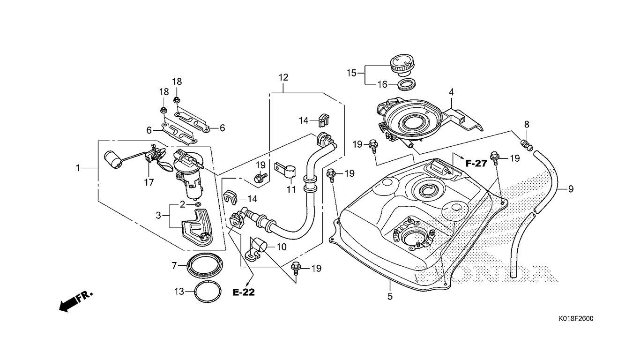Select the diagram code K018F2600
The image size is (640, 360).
(576, 319)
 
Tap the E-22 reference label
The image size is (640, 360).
(244, 292)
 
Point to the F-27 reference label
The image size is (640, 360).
(476, 163)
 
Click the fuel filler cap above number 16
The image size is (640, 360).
(402, 65)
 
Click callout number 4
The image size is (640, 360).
(451, 92)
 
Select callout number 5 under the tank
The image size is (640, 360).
(390, 296)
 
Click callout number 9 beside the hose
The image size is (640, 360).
(571, 189)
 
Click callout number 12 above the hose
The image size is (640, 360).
(283, 77)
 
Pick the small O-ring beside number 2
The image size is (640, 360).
(198, 205)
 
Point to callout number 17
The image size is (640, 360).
(149, 183)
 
